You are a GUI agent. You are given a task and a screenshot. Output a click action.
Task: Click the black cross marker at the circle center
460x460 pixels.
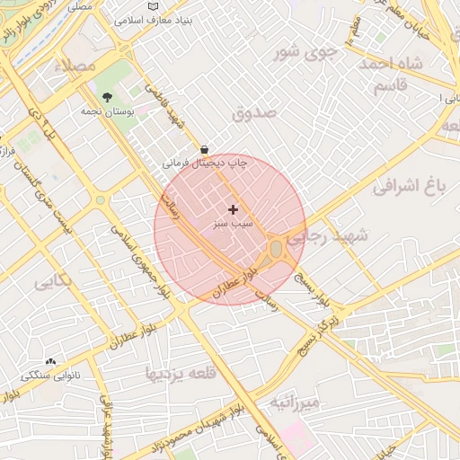point(233,209)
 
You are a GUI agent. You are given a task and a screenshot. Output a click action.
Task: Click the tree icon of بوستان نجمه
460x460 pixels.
point(108,97)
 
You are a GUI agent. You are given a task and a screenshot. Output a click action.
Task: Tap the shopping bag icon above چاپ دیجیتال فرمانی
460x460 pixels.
point(206,149)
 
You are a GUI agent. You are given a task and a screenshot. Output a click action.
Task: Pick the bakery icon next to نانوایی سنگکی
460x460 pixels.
point(50,361)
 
